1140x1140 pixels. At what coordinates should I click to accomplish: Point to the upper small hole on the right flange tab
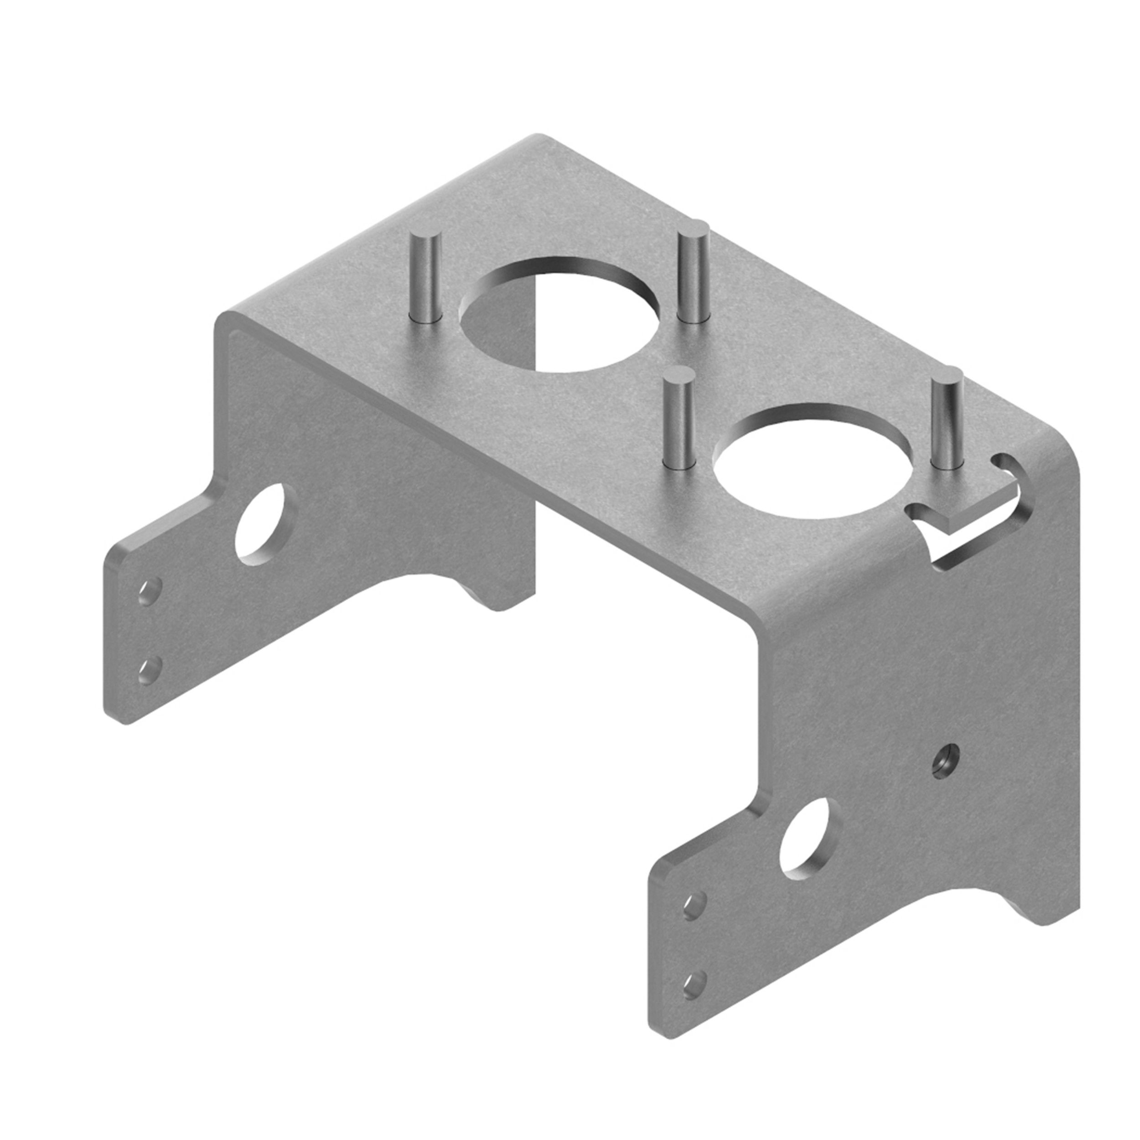[694, 922]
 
